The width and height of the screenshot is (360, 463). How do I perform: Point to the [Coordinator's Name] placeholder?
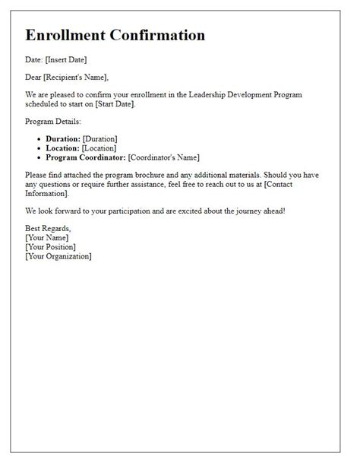[x=163, y=157]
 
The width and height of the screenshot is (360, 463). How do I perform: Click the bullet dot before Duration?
[x=39, y=138]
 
